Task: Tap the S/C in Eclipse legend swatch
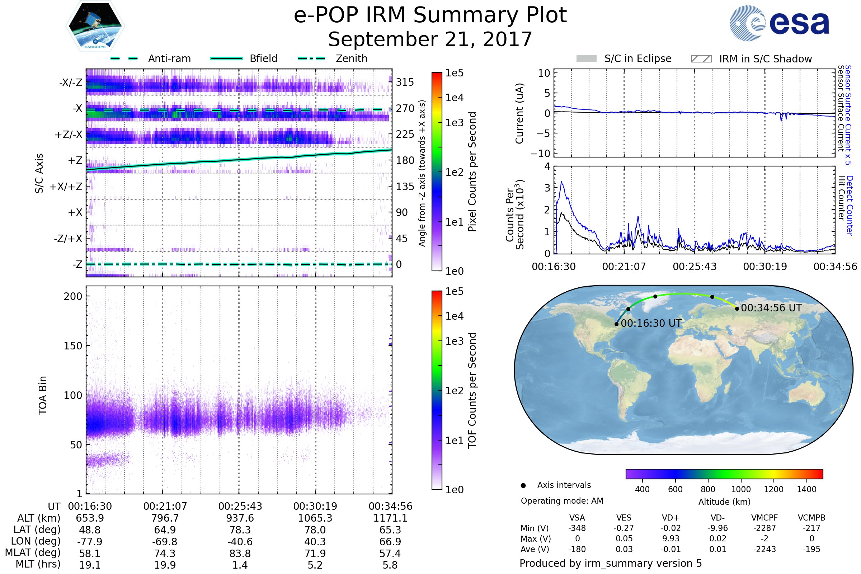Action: point(586,59)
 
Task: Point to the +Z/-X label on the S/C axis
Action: point(69,135)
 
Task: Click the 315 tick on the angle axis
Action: point(405,82)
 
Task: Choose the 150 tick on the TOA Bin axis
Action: point(73,346)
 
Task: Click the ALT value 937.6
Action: point(240,518)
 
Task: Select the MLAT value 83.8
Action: point(240,554)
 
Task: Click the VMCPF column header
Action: point(764,518)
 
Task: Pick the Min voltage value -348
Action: point(577,528)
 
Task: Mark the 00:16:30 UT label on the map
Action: point(651,324)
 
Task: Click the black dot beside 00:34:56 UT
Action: point(737,309)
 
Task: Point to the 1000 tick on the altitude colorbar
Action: point(741,489)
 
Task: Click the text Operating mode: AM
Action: point(562,501)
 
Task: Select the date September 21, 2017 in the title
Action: point(430,39)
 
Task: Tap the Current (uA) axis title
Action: point(519,113)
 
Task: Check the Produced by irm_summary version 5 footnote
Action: point(611,563)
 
